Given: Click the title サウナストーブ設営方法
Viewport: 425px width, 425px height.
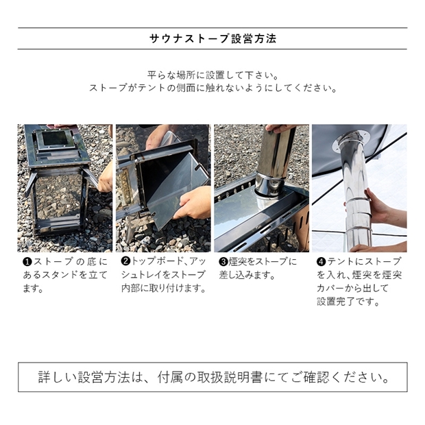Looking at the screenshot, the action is point(212,38).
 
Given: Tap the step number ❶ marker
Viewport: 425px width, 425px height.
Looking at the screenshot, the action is point(27,262).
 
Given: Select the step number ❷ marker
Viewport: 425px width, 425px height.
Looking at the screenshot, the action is point(125,261).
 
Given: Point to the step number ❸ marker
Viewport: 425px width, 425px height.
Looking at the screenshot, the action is point(223,262).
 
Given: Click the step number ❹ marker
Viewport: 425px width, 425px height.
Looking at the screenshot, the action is point(321,262).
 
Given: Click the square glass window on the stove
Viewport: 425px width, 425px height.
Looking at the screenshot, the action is point(55,138).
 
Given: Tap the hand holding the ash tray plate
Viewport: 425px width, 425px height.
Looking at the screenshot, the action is point(193,203).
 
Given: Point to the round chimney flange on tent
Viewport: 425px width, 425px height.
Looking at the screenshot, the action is point(351,141).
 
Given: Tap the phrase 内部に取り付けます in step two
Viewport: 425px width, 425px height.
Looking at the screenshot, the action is point(163,288).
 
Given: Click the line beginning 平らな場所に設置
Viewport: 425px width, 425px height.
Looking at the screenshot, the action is point(212,75).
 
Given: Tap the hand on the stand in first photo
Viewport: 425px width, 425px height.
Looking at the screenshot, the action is point(105,178).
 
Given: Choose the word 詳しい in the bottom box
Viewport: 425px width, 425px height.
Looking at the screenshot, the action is point(58,377).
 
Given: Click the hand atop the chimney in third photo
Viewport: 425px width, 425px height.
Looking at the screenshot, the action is point(280,128).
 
